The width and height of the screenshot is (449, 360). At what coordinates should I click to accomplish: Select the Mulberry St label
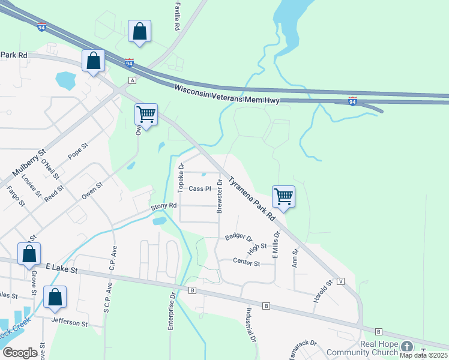(23, 165)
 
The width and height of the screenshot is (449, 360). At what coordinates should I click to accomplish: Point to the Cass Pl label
(200, 188)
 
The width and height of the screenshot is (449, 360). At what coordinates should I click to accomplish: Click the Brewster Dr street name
(220, 196)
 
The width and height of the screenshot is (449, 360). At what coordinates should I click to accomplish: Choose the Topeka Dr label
(180, 178)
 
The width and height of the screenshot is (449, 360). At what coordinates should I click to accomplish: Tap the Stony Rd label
(163, 206)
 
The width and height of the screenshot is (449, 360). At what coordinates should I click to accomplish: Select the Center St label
(246, 263)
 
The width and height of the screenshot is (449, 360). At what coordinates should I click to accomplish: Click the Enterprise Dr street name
(170, 313)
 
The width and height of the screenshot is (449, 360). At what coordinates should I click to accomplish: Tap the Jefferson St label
(69, 322)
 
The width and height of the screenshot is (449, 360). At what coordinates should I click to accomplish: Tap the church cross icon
(407, 347)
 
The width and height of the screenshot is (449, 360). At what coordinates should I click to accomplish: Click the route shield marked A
(132, 80)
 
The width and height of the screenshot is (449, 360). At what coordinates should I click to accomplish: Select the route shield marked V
(340, 281)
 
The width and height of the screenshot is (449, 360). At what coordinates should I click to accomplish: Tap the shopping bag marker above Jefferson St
(55, 297)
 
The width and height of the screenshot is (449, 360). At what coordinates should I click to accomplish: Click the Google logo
(20, 353)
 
